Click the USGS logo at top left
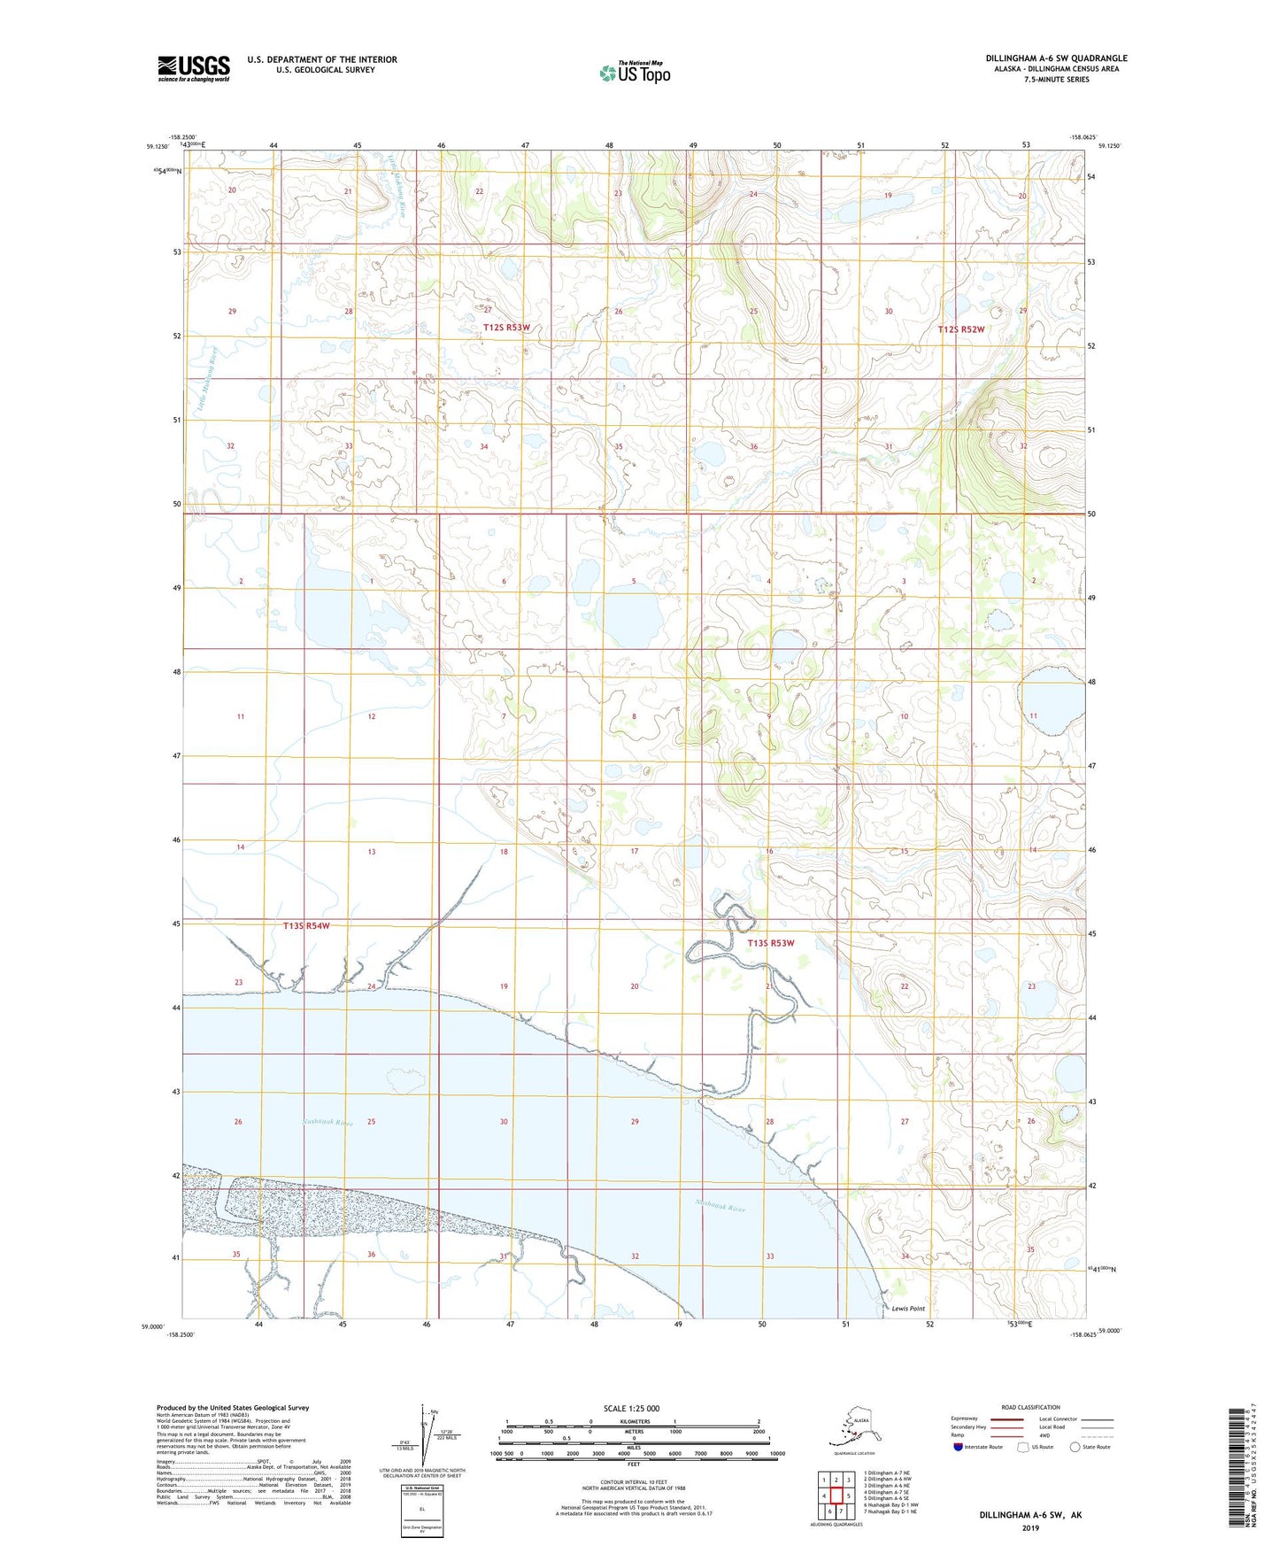pyautogui.click(x=194, y=68)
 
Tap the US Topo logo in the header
pyautogui.click(x=635, y=73)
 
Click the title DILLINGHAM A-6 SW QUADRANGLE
pyautogui.click(x=1056, y=58)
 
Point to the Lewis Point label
pyautogui.click(x=908, y=1309)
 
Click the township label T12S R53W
pyautogui.click(x=506, y=328)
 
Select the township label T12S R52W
pyautogui.click(x=960, y=329)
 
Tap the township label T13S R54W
pyautogui.click(x=306, y=926)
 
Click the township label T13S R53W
pyautogui.click(x=771, y=943)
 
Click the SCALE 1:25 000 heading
pyautogui.click(x=631, y=1408)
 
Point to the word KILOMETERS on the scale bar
pyautogui.click(x=631, y=1422)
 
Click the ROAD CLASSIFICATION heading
pyautogui.click(x=1030, y=1407)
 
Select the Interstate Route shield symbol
pyautogui.click(x=959, y=1447)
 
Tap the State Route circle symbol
pyautogui.click(x=1075, y=1447)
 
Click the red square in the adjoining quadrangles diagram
pyautogui.click(x=836, y=1496)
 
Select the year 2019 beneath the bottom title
pyautogui.click(x=1030, y=1528)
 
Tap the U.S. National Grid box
pyautogui.click(x=421, y=1510)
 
